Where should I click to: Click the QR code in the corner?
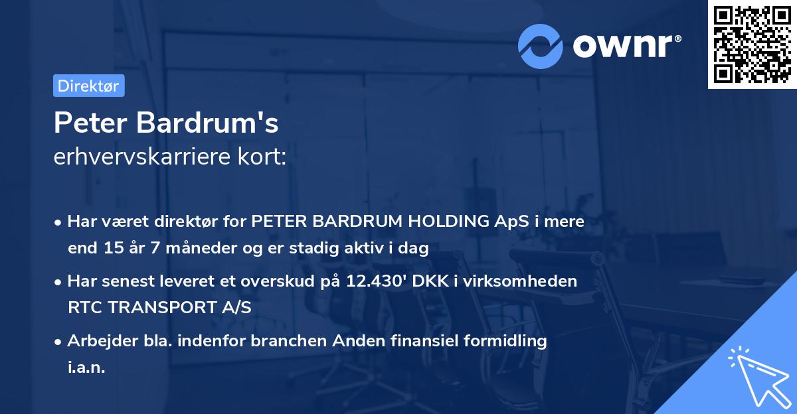[752, 44]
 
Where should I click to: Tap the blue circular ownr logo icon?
[541, 45]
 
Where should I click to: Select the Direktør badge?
[88, 86]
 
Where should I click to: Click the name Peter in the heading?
[90, 123]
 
